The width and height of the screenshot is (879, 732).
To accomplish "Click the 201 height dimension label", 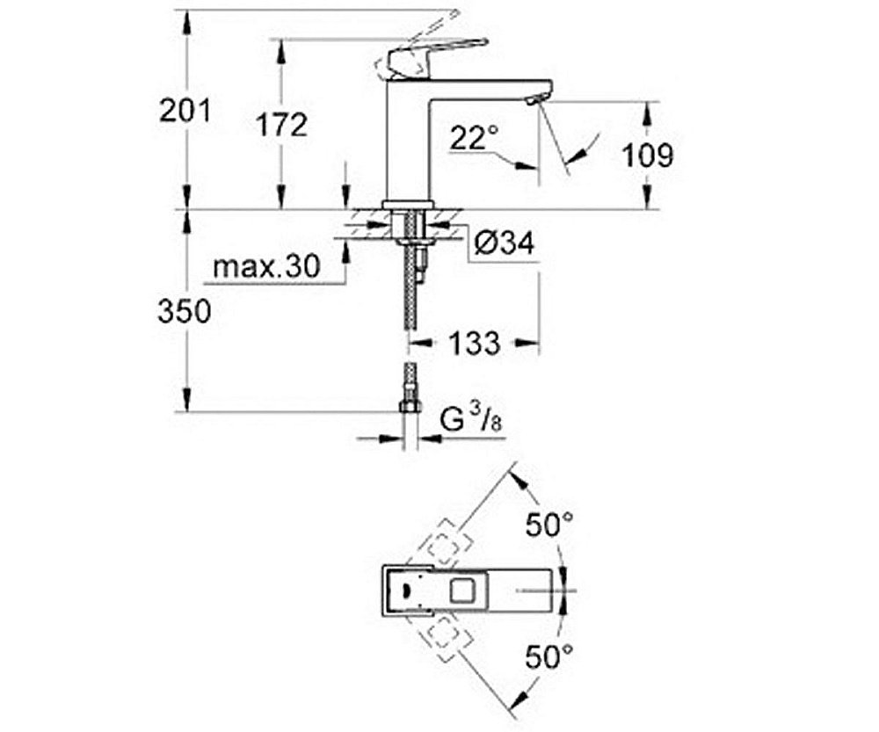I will [185, 112].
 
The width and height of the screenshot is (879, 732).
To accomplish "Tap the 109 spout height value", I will [648, 156].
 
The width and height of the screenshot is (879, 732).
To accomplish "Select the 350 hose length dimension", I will [185, 311].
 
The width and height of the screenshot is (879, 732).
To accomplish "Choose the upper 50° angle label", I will [549, 526].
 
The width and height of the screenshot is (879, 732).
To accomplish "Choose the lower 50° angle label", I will [549, 655].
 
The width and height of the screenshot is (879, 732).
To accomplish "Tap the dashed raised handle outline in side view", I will [418, 35].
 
